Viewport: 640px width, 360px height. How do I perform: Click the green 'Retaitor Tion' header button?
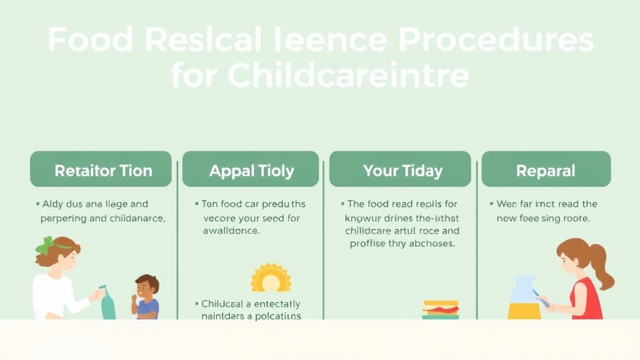click(101, 169)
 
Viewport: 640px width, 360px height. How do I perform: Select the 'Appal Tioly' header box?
click(251, 169)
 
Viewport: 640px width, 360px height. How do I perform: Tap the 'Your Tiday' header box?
click(400, 169)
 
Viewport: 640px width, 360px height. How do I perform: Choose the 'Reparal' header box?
click(546, 169)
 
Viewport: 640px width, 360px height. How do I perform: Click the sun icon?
click(271, 279)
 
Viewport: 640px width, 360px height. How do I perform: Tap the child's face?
click(146, 289)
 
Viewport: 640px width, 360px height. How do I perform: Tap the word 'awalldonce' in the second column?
click(231, 230)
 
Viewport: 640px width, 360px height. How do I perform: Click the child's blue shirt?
click(148, 308)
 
